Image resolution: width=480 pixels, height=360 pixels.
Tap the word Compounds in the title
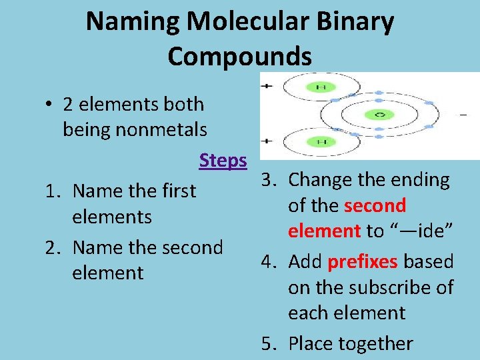tap(239, 56)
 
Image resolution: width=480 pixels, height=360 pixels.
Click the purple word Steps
tap(223, 161)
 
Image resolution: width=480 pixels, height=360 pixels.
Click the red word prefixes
tap(363, 261)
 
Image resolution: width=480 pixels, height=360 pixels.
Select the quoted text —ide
tap(421, 231)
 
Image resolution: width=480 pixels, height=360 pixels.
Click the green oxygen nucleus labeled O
tap(379, 115)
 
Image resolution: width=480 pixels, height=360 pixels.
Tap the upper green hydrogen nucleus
tap(321, 87)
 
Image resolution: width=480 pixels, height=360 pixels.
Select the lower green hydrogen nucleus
tap(321, 142)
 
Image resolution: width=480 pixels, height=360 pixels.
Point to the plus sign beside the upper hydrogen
tap(267, 86)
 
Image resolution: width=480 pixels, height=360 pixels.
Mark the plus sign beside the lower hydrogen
tap(267, 141)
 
